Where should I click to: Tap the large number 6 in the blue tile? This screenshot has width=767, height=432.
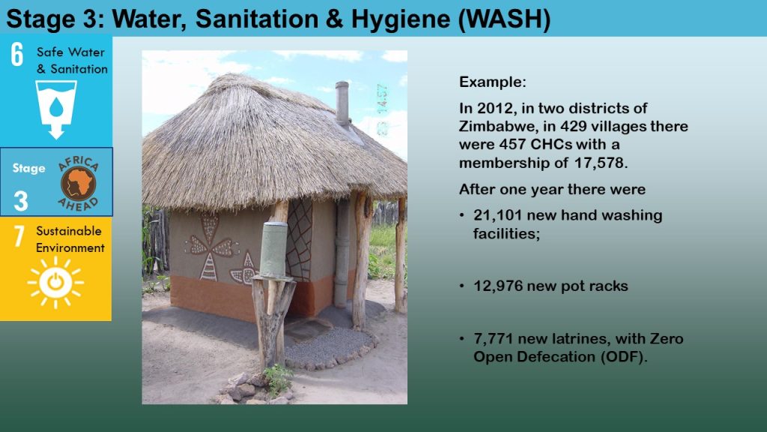17,54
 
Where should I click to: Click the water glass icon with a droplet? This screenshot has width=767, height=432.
56,109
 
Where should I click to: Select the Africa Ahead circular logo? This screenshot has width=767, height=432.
78,184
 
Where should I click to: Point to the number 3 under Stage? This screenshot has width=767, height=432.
20,201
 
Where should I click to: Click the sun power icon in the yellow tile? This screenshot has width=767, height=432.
55,283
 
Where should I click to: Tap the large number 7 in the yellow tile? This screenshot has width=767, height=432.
19,235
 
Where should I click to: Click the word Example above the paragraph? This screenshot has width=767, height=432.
492,82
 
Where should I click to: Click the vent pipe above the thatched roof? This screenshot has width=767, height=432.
342,103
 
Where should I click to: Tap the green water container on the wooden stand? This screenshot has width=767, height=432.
273,250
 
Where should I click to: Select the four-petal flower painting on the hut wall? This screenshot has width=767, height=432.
210,246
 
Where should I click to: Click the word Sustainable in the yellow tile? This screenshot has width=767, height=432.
69,231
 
